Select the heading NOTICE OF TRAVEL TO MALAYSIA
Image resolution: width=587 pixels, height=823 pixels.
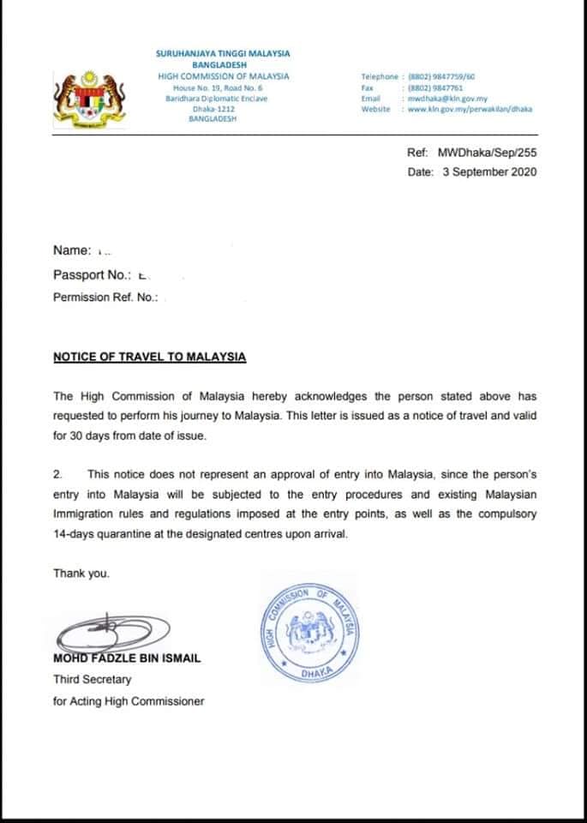pyautogui.click(x=149, y=357)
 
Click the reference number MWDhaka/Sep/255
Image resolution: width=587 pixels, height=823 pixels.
pyautogui.click(x=487, y=153)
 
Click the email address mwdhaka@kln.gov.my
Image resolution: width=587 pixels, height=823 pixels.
pyautogui.click(x=447, y=99)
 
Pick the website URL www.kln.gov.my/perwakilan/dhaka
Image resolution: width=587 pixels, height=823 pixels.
pyautogui.click(x=470, y=109)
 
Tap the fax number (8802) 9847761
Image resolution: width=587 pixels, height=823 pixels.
pyautogui.click(x=440, y=87)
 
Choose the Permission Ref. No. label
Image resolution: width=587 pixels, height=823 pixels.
pyautogui.click(x=105, y=298)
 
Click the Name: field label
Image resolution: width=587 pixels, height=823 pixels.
pyautogui.click(x=72, y=250)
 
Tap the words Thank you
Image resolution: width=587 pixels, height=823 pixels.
pyautogui.click(x=81, y=573)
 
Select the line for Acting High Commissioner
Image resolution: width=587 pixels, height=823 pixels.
pyautogui.click(x=129, y=701)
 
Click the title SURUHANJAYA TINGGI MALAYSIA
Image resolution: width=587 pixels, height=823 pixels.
pyautogui.click(x=223, y=53)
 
